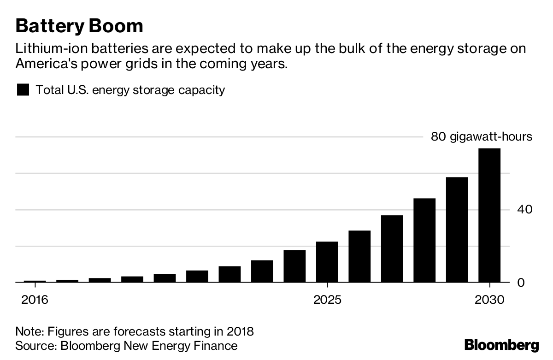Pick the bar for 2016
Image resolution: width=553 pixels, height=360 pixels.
35,281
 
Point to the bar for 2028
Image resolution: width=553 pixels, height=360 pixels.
424,240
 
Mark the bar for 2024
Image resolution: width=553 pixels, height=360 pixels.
294,266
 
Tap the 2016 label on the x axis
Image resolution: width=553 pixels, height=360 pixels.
35,300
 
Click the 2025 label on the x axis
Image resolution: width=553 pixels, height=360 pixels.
327,300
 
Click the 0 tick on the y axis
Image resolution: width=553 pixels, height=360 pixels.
521,282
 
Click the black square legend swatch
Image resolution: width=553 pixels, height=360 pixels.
23,89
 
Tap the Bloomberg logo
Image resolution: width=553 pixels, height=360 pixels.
501,345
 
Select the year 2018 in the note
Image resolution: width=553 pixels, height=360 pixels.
241,331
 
